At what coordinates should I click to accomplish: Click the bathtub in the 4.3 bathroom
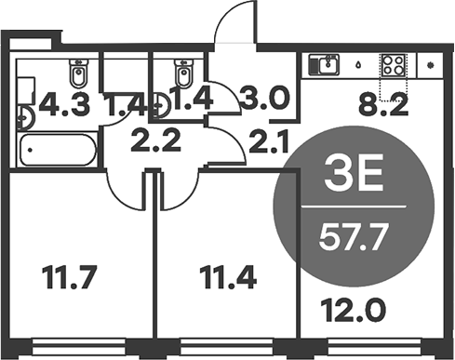(58, 150)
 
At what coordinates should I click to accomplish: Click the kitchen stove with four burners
(392, 64)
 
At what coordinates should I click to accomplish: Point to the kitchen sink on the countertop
(327, 64)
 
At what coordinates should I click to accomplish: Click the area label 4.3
(58, 104)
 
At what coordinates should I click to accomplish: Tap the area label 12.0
(343, 305)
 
